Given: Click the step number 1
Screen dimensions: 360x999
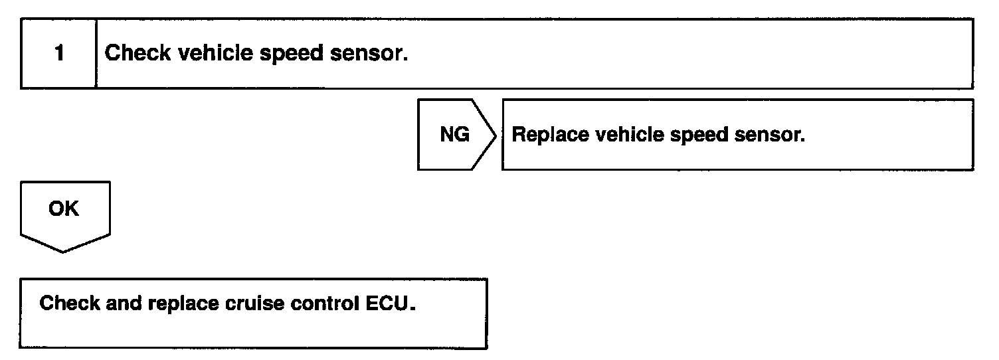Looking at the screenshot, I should [59, 54].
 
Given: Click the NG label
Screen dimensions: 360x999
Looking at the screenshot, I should [454, 135].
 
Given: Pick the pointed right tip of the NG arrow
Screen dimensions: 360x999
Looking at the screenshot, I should [496, 135].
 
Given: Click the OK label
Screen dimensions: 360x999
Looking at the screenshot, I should [64, 209].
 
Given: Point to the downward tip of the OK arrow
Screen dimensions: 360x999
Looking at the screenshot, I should [64, 252].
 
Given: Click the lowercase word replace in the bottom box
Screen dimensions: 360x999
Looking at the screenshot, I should [183, 304].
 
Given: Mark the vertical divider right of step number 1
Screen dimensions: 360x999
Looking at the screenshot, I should [96, 54].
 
